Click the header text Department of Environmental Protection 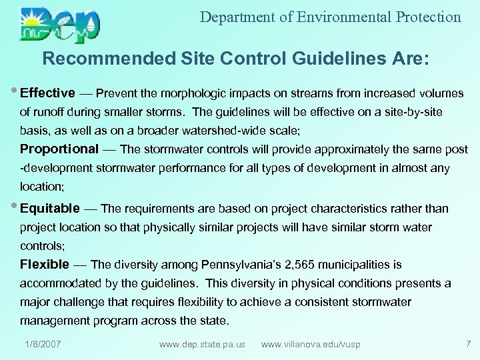coord(330,17)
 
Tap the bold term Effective coord(47,93)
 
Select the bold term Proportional coord(59,149)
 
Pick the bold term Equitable coord(50,209)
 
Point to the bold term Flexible coord(45,265)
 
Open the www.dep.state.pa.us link coord(202,344)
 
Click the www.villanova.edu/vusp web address coord(311,344)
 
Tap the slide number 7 coord(468,344)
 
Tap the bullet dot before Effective coord(15,93)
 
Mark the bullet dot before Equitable coord(15,208)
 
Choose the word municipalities coord(364,265)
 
